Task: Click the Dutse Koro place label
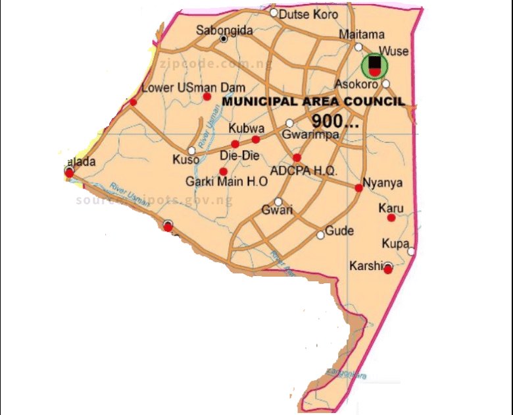point(300,14)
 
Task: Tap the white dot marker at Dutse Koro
point(274,13)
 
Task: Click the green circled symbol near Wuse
point(375,65)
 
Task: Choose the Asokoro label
point(356,84)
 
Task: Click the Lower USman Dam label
point(175,88)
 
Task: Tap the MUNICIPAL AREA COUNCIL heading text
point(313,102)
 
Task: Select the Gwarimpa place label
point(310,134)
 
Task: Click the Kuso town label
point(185,159)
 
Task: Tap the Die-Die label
point(241,155)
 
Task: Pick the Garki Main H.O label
point(226,182)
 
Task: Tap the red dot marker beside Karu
point(391,217)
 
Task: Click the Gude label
point(339,231)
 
